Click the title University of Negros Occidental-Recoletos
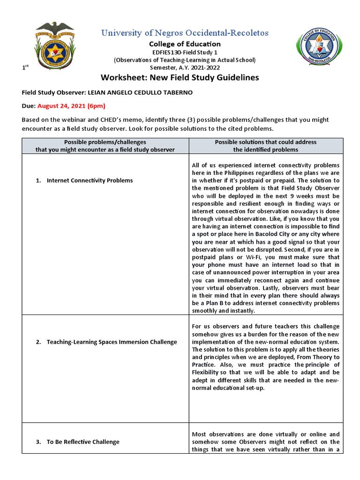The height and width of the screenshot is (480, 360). [x=185, y=33]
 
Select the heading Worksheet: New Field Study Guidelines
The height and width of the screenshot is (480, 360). [x=180, y=77]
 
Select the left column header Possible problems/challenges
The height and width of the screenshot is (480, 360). [x=105, y=142]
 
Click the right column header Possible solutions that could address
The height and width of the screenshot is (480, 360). [x=265, y=142]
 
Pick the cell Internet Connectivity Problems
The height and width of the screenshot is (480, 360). [x=90, y=180]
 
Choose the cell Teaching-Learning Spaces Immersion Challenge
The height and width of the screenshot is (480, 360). [x=112, y=342]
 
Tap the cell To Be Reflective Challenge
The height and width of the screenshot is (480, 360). [x=83, y=442]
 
